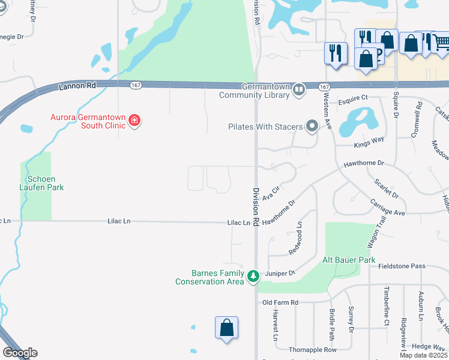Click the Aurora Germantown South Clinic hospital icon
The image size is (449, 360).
[x=134, y=121]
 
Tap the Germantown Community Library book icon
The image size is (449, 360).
[x=299, y=90]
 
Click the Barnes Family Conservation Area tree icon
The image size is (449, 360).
[x=253, y=276]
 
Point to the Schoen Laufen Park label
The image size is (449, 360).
[x=45, y=183]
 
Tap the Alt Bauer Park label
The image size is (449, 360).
[x=349, y=260]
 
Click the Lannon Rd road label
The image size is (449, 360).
[x=77, y=86]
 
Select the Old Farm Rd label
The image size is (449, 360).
[x=280, y=302]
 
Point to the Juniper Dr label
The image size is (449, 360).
[x=280, y=274]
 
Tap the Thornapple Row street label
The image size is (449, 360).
[x=312, y=349]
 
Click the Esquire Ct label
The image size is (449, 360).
[x=351, y=97]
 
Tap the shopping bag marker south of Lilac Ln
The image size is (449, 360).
[x=226, y=328]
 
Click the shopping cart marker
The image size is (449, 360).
[x=441, y=41]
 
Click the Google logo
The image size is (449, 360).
[x=20, y=353]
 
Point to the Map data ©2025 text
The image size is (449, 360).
[x=424, y=355]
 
